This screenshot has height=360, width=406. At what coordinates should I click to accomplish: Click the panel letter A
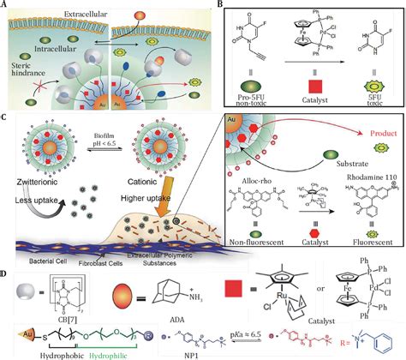pos(5,5)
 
